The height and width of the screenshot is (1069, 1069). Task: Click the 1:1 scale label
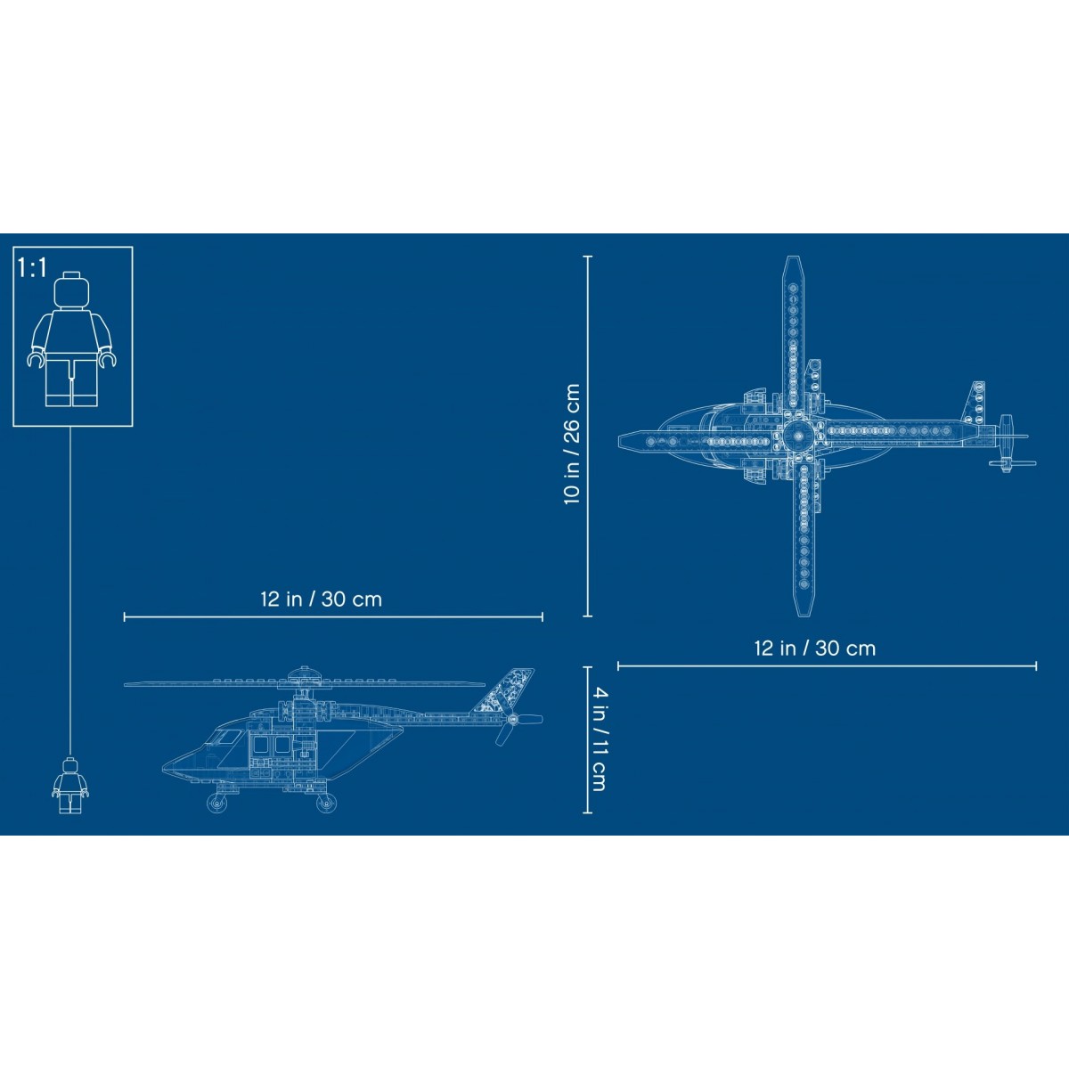pyautogui.click(x=32, y=267)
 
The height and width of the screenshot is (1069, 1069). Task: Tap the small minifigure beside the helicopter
pyautogui.click(x=70, y=786)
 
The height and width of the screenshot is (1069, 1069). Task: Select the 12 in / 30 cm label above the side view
pyautogui.click(x=322, y=600)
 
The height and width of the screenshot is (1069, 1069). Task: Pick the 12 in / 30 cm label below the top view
pyautogui.click(x=815, y=648)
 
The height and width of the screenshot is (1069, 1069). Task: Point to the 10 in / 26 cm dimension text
pyautogui.click(x=572, y=444)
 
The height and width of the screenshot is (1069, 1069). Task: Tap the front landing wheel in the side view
pyautogui.click(x=217, y=803)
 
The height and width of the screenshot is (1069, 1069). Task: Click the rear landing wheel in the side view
pyautogui.click(x=326, y=803)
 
